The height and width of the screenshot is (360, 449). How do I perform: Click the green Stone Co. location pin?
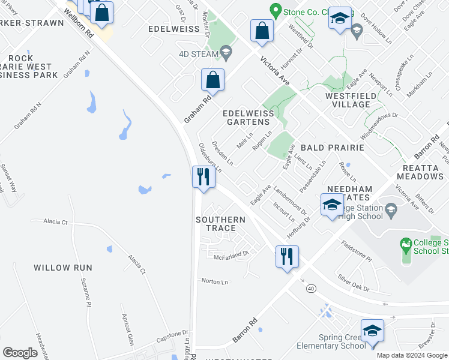(x=276, y=10)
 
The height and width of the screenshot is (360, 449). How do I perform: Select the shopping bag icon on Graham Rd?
(x=213, y=80)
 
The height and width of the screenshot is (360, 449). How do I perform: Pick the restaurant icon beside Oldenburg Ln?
(x=203, y=178)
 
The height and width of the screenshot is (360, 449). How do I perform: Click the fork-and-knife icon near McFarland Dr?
(x=287, y=256)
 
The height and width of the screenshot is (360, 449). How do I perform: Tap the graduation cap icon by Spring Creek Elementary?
(x=372, y=331)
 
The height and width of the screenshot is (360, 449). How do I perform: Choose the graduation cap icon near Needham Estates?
(x=332, y=205)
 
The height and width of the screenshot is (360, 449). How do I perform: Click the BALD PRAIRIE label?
(x=333, y=147)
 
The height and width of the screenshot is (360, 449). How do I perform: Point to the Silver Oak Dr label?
(x=353, y=283)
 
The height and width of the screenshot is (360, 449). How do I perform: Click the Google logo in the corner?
(x=20, y=353)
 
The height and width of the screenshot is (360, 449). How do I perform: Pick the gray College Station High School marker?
(x=391, y=209)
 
